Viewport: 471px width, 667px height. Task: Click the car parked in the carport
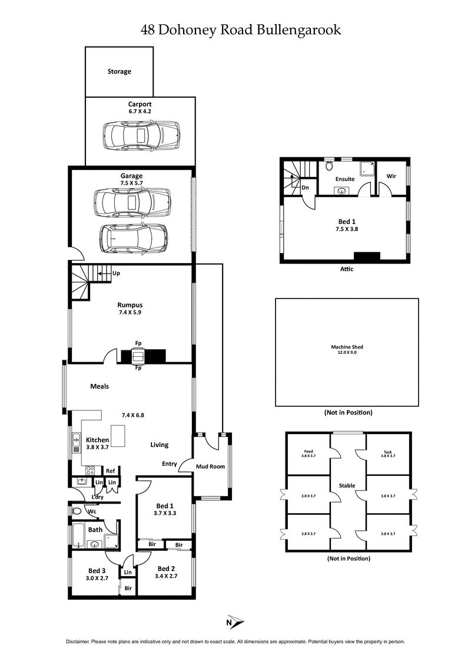(140, 136)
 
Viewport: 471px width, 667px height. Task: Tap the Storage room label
(119, 71)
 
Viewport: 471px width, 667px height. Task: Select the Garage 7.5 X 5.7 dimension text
(131, 183)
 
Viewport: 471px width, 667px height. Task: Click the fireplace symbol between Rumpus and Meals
(138, 356)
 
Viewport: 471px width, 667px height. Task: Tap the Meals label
(99, 386)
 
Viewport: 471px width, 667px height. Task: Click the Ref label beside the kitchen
(110, 471)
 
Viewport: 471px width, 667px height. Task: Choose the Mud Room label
(210, 466)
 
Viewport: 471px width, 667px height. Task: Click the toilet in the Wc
(76, 511)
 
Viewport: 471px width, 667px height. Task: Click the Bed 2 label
(166, 570)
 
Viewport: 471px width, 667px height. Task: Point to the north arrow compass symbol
(235, 622)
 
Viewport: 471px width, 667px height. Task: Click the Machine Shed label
(346, 347)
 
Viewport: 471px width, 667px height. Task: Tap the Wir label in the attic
(391, 176)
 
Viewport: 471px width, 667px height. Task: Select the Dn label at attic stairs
(306, 188)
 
